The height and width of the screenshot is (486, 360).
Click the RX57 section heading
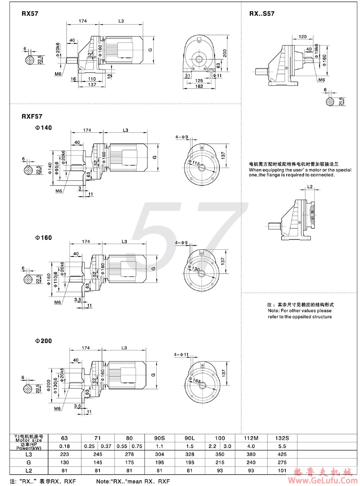(x=30, y=14)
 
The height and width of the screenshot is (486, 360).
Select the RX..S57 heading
(x=262, y=14)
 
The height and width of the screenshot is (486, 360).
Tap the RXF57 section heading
(x=32, y=116)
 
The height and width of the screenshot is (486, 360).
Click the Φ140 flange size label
(x=44, y=128)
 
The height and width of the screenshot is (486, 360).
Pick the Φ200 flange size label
(x=44, y=341)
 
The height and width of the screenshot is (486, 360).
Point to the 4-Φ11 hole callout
(x=181, y=355)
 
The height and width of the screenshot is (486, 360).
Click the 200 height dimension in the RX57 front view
(x=225, y=53)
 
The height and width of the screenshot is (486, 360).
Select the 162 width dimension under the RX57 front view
(x=199, y=86)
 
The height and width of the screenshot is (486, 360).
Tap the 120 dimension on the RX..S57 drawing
(x=303, y=37)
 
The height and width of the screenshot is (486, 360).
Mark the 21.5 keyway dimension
(x=341, y=102)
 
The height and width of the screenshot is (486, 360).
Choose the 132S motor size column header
(x=282, y=438)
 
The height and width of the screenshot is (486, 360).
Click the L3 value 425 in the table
(x=282, y=454)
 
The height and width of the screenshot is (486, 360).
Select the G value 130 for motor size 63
(x=64, y=462)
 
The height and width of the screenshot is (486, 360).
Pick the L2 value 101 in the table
(x=282, y=471)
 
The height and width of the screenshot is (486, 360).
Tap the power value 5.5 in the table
(x=282, y=446)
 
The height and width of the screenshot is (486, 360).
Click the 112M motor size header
(x=251, y=438)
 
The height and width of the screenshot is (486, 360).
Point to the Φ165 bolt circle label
(x=196, y=380)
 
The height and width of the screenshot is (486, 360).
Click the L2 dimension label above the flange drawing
(x=310, y=187)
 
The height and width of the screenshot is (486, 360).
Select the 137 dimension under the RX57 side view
(x=92, y=85)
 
